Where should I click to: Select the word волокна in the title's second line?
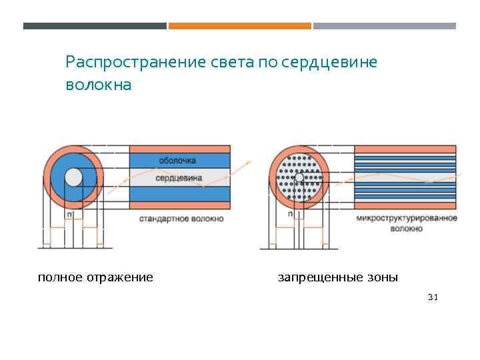point(99,86)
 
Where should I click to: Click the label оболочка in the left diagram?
point(177,161)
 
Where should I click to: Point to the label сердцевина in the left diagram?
point(179,178)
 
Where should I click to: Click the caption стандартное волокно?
point(182,219)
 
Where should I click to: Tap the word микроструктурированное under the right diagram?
point(407,219)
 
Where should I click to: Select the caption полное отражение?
point(95,277)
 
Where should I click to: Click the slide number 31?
point(433,297)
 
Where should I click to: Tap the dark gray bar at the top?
point(95,26)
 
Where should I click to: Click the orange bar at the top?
point(239,26)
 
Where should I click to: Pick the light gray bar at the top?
point(385,26)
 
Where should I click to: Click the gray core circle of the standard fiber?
point(73,177)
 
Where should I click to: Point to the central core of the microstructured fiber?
point(299,177)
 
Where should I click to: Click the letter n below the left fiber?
point(69,215)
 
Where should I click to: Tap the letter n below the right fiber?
point(289,215)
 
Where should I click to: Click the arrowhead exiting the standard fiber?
point(249,161)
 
